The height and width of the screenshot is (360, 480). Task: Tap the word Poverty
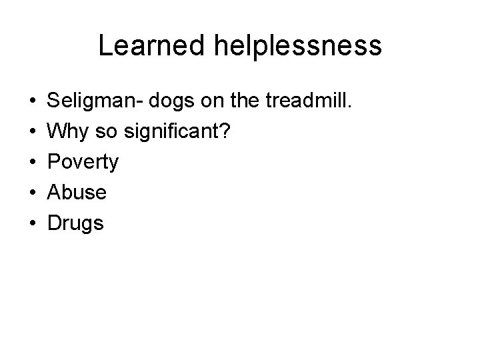(83, 163)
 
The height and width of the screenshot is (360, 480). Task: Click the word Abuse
(77, 193)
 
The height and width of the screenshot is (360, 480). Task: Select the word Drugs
(76, 223)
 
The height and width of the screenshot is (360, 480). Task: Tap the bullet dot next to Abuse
(33, 193)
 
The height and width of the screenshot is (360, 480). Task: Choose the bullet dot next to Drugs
(33, 223)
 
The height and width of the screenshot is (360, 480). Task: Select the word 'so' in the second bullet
(107, 133)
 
